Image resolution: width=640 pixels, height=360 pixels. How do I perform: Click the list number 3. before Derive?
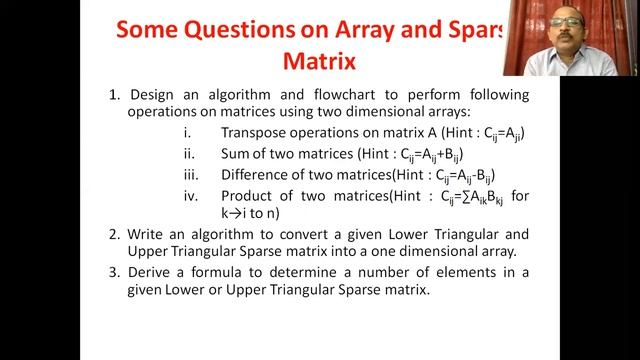click(114, 272)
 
